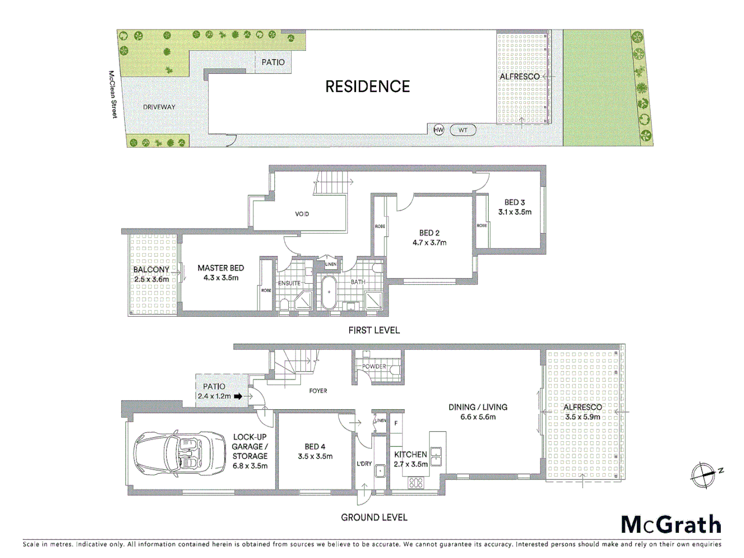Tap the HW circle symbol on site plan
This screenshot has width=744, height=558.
tap(438, 130)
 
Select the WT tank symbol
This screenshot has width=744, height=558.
tap(462, 130)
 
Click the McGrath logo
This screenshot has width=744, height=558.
tap(671, 524)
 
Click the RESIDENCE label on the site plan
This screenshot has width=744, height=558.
tap(367, 86)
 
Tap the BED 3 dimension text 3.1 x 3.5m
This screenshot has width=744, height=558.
tap(515, 212)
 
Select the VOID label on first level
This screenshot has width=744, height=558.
tap(302, 214)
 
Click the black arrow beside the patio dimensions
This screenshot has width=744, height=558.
tap(238, 396)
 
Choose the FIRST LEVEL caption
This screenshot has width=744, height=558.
tap(374, 330)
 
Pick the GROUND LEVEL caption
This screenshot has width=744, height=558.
tap(374, 517)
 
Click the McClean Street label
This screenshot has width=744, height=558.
tap(112, 95)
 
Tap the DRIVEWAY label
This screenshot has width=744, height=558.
tap(159, 107)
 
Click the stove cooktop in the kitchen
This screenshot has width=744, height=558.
tap(416, 483)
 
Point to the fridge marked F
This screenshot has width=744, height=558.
tap(396, 423)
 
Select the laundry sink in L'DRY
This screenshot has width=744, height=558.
tap(380, 471)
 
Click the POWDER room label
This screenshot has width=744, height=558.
tap(374, 366)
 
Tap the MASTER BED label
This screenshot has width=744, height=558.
tap(221, 268)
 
